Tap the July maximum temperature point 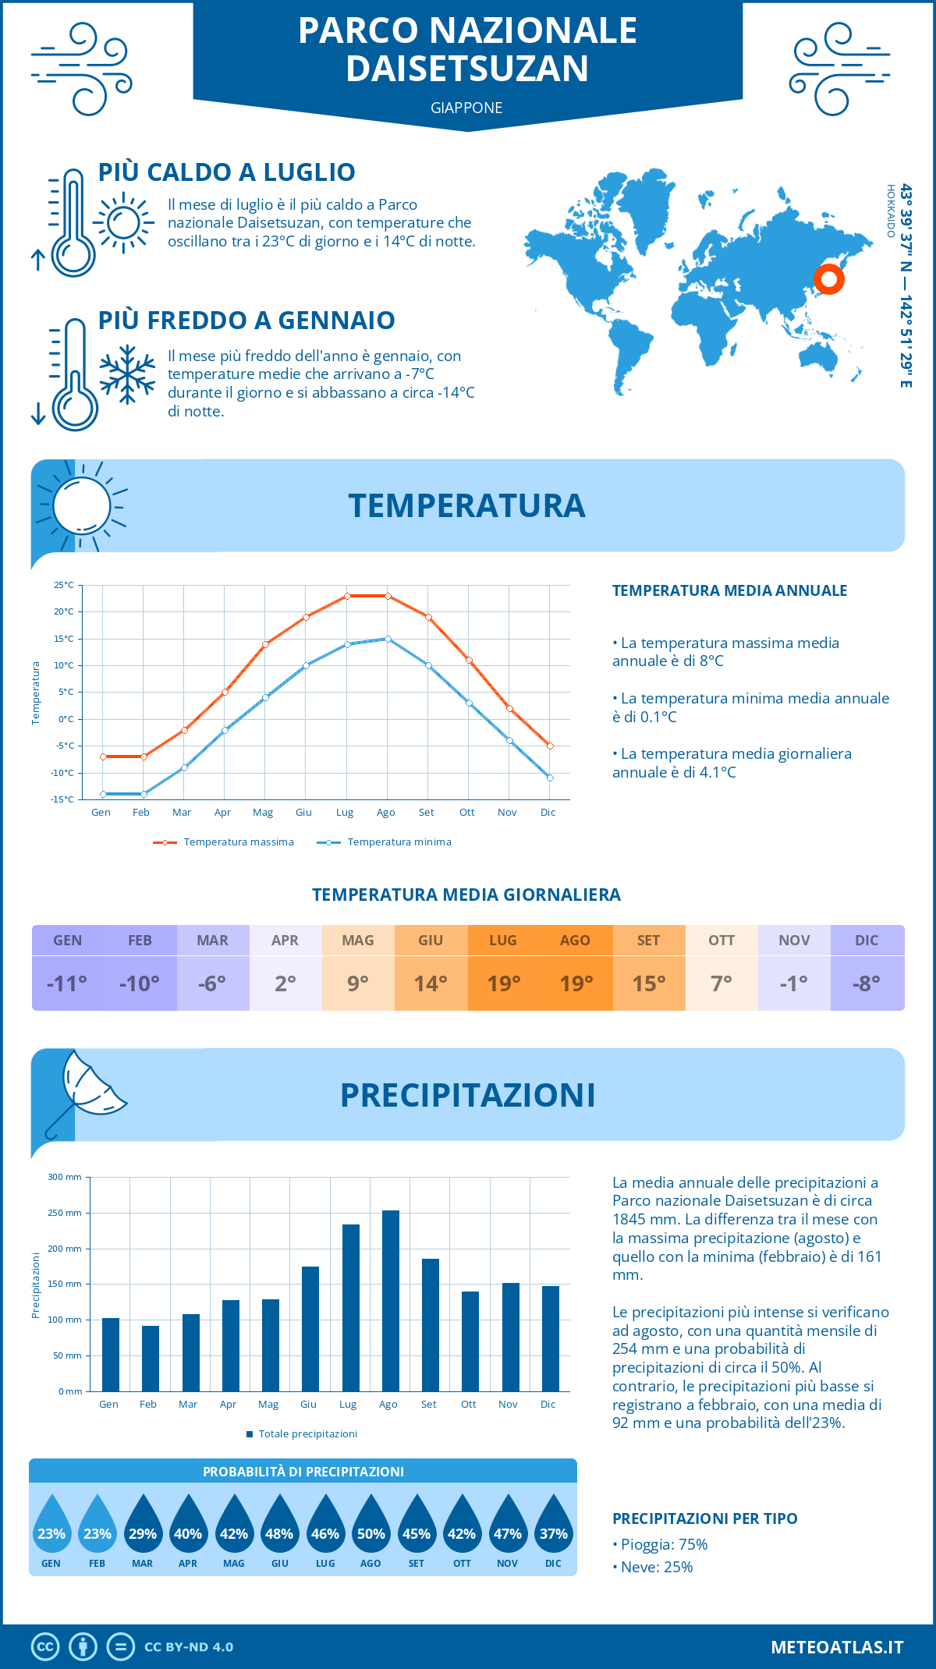tap(347, 596)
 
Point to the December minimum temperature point tap(550, 778)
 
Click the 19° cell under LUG tap(503, 983)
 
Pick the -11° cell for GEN tap(67, 983)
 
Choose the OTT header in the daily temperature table tap(721, 941)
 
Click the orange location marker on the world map tap(828, 278)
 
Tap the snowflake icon tap(127, 374)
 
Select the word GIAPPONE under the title tap(466, 108)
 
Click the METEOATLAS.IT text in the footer tap(836, 1646)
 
